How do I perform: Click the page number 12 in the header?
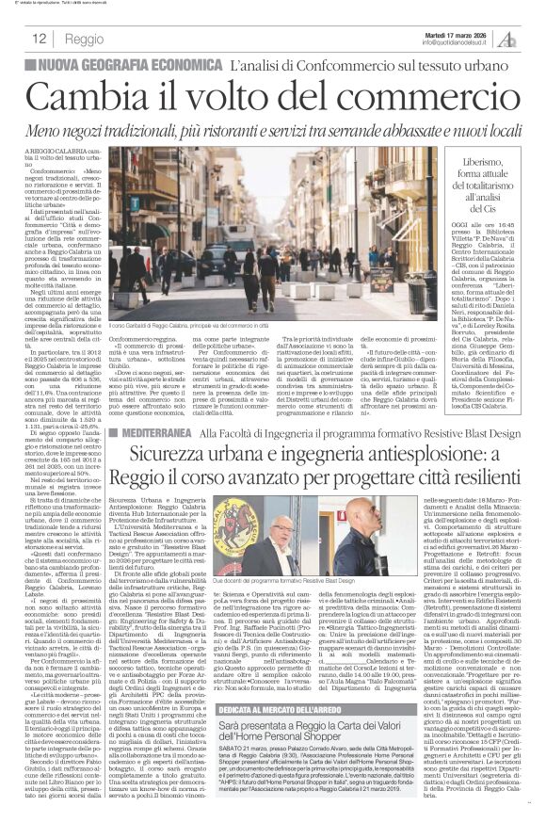41,39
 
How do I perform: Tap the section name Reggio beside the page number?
84,39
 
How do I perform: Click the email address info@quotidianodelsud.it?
457,42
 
